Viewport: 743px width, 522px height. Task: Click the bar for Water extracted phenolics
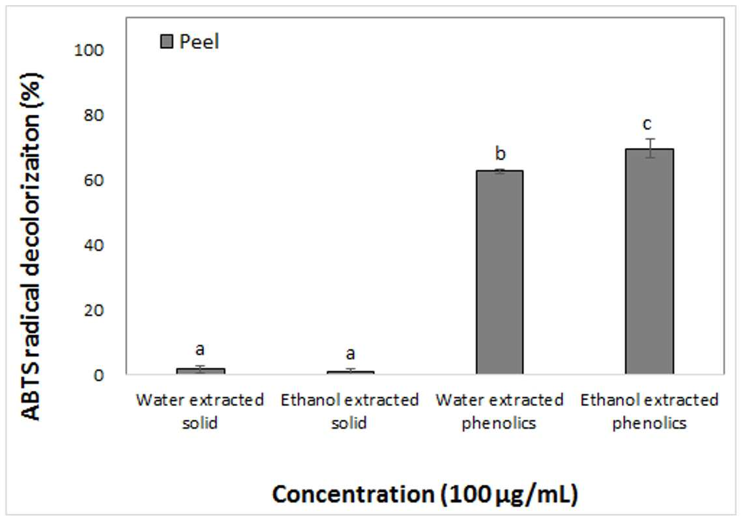[x=499, y=272]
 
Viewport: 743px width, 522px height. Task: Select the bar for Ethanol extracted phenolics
[x=649, y=261]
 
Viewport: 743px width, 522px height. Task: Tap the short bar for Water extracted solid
[x=201, y=371]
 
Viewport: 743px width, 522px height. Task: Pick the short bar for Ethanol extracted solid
[x=350, y=372]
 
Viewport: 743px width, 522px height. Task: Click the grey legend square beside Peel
[x=167, y=42]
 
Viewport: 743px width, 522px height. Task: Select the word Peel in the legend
[x=199, y=42]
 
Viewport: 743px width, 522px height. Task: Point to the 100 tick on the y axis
[x=89, y=50]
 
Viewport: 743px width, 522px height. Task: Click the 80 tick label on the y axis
[x=93, y=115]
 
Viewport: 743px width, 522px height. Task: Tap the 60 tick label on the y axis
[x=93, y=180]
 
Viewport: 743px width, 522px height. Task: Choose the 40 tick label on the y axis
[x=93, y=245]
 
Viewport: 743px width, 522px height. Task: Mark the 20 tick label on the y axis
[x=93, y=310]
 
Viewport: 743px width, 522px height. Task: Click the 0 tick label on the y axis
[x=98, y=375]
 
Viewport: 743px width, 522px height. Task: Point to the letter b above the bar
[x=501, y=154]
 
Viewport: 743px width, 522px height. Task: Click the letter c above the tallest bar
[x=647, y=124]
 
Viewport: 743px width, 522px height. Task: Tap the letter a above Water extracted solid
[x=200, y=349]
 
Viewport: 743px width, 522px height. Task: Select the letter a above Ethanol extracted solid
[x=350, y=354]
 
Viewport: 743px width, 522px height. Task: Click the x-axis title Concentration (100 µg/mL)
[x=425, y=494]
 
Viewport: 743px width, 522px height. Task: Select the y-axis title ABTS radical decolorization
[x=32, y=246]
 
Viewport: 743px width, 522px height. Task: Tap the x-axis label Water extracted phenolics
[x=499, y=411]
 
